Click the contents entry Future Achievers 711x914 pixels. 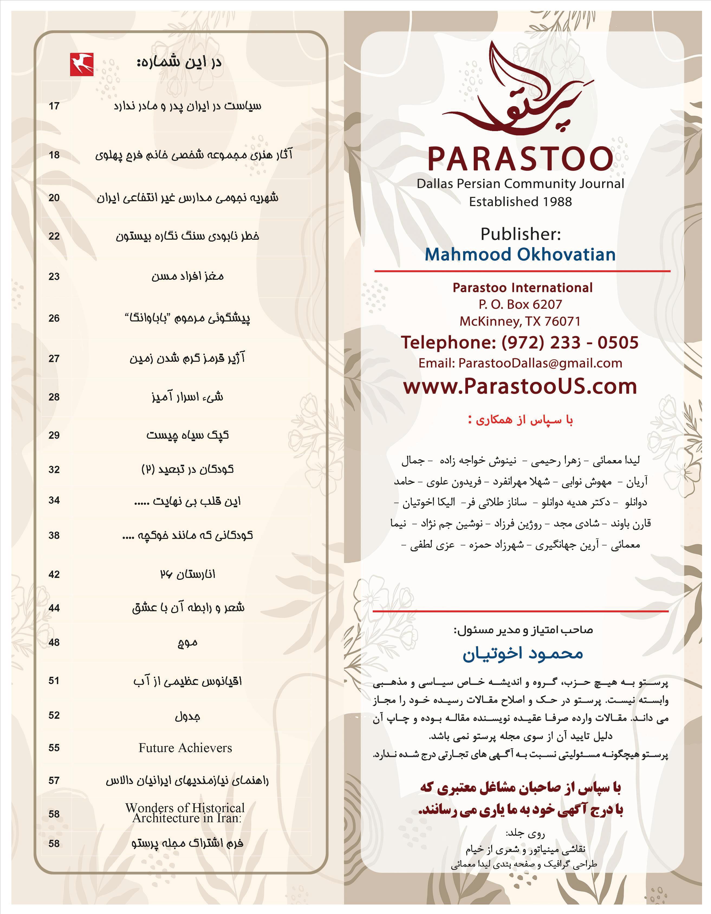coord(185,748)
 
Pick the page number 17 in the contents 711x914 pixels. coord(54,106)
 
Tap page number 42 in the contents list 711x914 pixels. coord(54,574)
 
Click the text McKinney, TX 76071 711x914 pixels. coord(520,321)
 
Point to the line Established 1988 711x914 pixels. coord(520,202)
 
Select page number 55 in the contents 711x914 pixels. coord(54,748)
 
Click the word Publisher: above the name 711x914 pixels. coord(520,234)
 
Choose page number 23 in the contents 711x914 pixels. coord(54,277)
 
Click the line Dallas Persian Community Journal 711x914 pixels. coord(520,184)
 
